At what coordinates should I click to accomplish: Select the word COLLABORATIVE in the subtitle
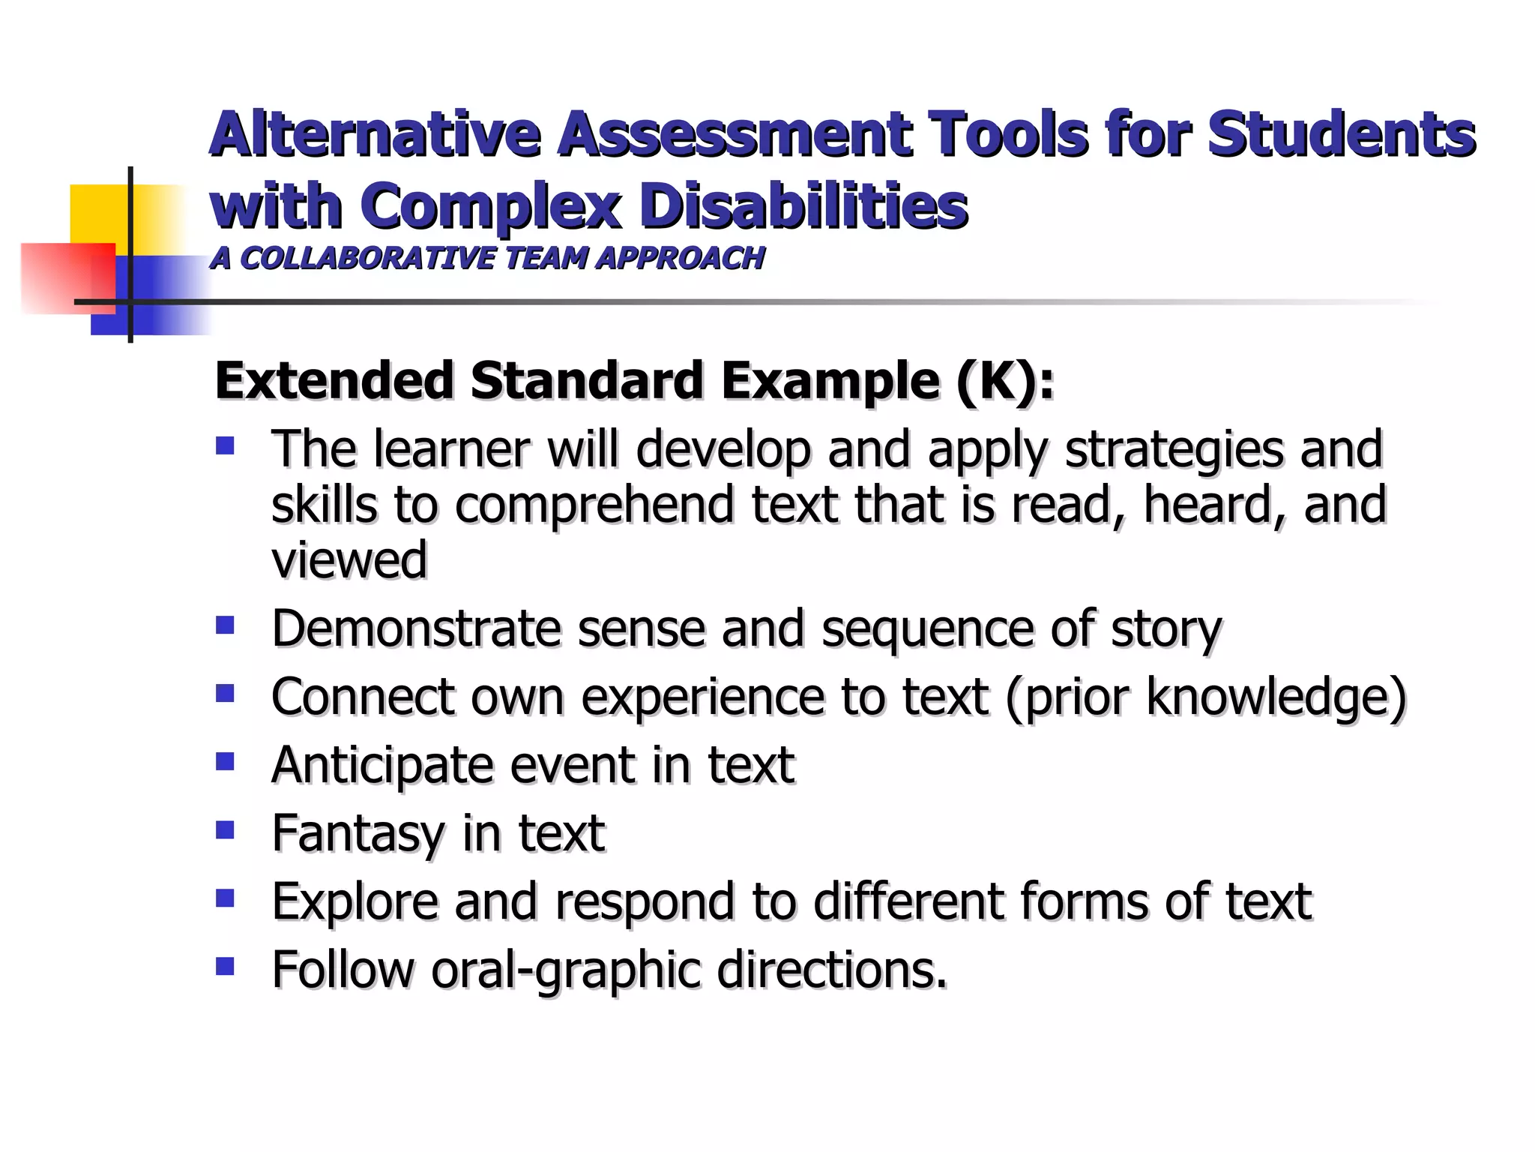(x=367, y=258)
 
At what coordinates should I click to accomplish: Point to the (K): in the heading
(x=1004, y=381)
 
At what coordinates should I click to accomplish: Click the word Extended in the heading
(x=334, y=380)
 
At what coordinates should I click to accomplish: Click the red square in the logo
(x=67, y=277)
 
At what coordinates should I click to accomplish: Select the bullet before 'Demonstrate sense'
(x=225, y=625)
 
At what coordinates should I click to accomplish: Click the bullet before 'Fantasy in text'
(x=225, y=829)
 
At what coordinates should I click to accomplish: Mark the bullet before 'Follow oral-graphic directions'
(x=225, y=965)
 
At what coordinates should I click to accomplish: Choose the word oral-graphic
(x=567, y=970)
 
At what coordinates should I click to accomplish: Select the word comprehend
(x=596, y=505)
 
